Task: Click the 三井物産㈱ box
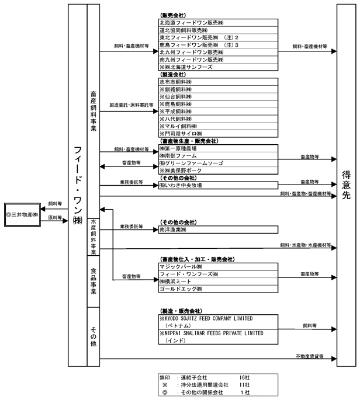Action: pyautogui.click(x=22, y=214)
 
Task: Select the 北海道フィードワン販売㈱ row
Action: pyautogui.click(x=218, y=23)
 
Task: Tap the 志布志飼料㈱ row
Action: pyautogui.click(x=218, y=82)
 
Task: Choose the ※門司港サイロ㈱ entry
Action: pyautogui.click(x=218, y=134)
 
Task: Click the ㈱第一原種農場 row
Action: pyautogui.click(x=218, y=148)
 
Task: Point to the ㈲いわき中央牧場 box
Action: pyautogui.click(x=218, y=186)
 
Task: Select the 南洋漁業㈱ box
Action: pyautogui.click(x=218, y=229)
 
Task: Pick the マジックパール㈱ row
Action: pyautogui.click(x=218, y=267)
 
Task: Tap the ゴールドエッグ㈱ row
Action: pyautogui.click(x=218, y=289)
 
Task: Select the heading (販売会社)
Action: pyautogui.click(x=173, y=15)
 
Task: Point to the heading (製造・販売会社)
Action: pyautogui.click(x=181, y=311)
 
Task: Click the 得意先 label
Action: pyautogui.click(x=346, y=185)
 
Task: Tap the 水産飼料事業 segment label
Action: pyautogui.click(x=94, y=236)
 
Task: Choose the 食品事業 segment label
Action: pyautogui.click(x=94, y=281)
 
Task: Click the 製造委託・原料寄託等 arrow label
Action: pyautogui.click(x=131, y=105)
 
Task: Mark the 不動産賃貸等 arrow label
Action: pyautogui.click(x=310, y=356)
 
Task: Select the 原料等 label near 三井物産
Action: pyautogui.click(x=55, y=218)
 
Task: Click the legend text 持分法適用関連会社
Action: pyautogui.click(x=205, y=385)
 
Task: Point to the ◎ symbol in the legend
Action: pyautogui.click(x=165, y=392)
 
